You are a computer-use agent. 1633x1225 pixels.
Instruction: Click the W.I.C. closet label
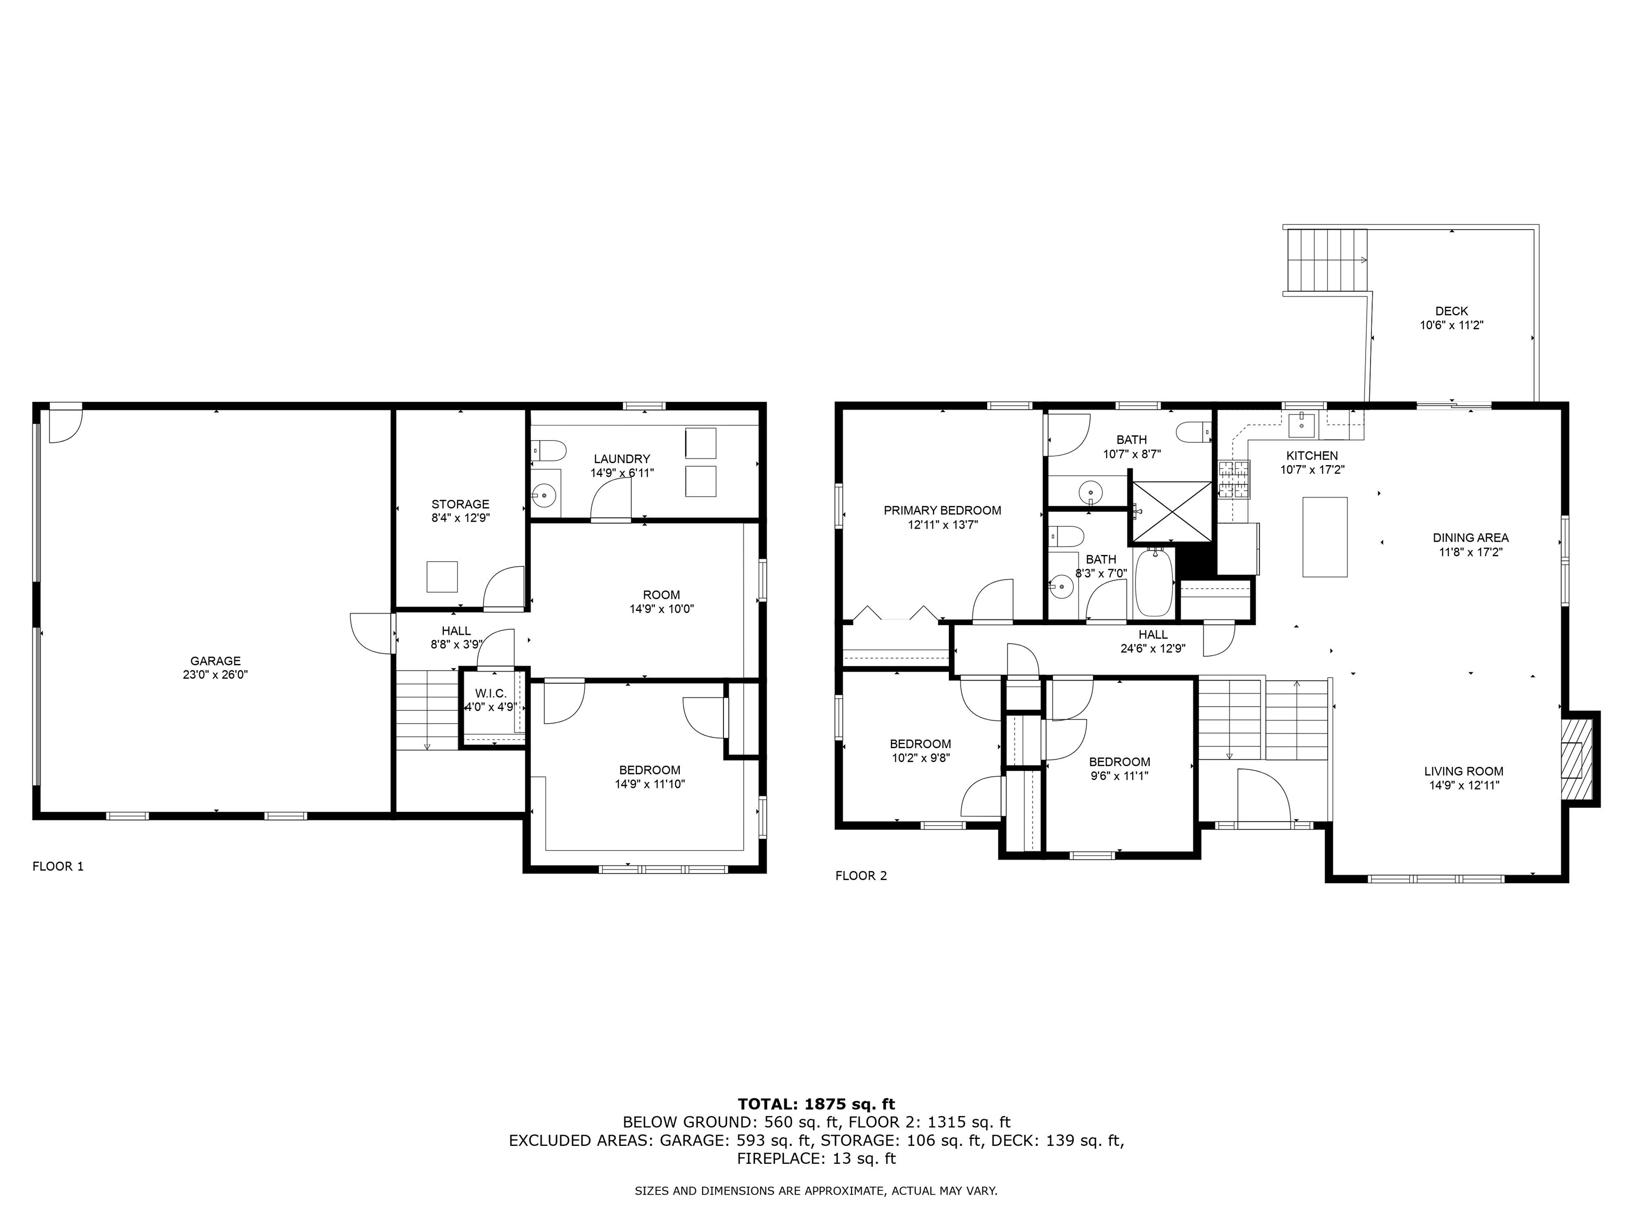point(490,693)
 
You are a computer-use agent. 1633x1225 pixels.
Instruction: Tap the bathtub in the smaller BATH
point(1153,583)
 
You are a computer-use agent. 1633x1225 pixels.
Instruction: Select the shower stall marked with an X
point(1172,511)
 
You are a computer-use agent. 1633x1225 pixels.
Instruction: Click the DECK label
point(1451,311)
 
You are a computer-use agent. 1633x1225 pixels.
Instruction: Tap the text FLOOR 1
point(58,866)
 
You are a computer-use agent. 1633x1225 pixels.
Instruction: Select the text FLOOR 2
point(861,876)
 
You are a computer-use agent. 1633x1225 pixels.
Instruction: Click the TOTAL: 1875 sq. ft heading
point(816,1104)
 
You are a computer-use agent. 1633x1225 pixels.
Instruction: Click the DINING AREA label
point(1470,538)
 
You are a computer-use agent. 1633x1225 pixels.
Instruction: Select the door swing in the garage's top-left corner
point(65,425)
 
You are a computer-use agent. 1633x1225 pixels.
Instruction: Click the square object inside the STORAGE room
point(442,577)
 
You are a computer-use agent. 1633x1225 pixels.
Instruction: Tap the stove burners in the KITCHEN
point(1234,479)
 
